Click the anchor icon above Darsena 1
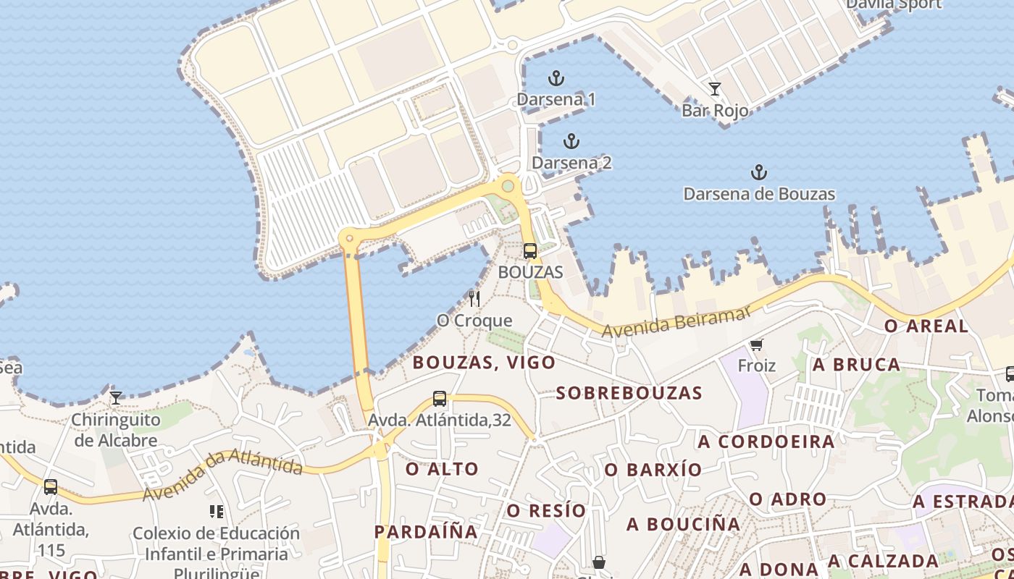pyautogui.click(x=556, y=78)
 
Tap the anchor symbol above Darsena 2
pyautogui.click(x=571, y=141)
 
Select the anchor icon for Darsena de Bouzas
pyautogui.click(x=758, y=172)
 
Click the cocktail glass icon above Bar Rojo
pyautogui.click(x=715, y=89)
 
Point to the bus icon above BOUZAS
pyautogui.click(x=530, y=251)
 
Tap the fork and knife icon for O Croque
pyautogui.click(x=474, y=298)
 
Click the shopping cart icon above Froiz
pyautogui.click(x=757, y=345)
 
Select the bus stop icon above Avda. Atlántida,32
pyautogui.click(x=440, y=398)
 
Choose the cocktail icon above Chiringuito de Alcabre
pyautogui.click(x=115, y=397)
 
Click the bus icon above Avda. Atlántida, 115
pyautogui.click(x=51, y=486)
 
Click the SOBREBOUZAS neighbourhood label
pyautogui.click(x=629, y=393)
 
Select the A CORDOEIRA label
pyautogui.click(x=766, y=441)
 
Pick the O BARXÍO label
pyautogui.click(x=653, y=470)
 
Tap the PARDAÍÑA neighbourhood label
pyautogui.click(x=426, y=532)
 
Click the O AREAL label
pyautogui.click(x=926, y=326)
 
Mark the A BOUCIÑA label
pyautogui.click(x=684, y=523)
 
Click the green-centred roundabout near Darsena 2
pyautogui.click(x=508, y=186)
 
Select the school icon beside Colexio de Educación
pyautogui.click(x=216, y=512)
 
